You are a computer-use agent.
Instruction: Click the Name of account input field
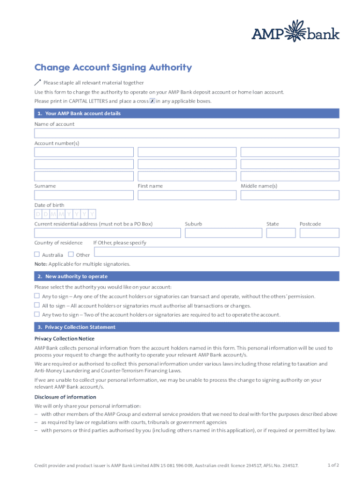pyautogui.click(x=187, y=133)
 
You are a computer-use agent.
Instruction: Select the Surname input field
pyautogui.click(x=84, y=195)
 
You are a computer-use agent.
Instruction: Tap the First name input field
pyautogui.click(x=187, y=195)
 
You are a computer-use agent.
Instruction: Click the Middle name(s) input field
pyautogui.click(x=290, y=195)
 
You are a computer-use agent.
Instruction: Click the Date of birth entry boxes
pyautogui.click(x=65, y=214)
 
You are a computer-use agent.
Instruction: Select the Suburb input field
pyautogui.click(x=223, y=233)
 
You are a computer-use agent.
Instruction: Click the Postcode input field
pyautogui.click(x=319, y=233)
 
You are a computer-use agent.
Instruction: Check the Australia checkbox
pyautogui.click(x=37, y=254)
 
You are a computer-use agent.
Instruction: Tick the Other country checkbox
pyautogui.click(x=71, y=254)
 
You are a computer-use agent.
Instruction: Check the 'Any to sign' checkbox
pyautogui.click(x=37, y=296)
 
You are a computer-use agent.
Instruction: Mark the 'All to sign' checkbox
pyautogui.click(x=37, y=305)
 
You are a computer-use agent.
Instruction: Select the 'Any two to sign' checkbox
pyautogui.click(x=37, y=314)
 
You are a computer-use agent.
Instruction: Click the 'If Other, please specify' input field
pyautogui.click(x=216, y=252)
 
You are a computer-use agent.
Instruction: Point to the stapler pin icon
pyautogui.click(x=38, y=82)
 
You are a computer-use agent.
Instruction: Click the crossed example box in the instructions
pyautogui.click(x=152, y=101)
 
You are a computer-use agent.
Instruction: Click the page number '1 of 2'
pyautogui.click(x=333, y=465)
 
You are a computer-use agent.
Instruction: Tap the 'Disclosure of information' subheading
pyautogui.click(x=65, y=397)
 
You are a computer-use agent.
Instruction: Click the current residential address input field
pyautogui.click(x=108, y=233)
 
